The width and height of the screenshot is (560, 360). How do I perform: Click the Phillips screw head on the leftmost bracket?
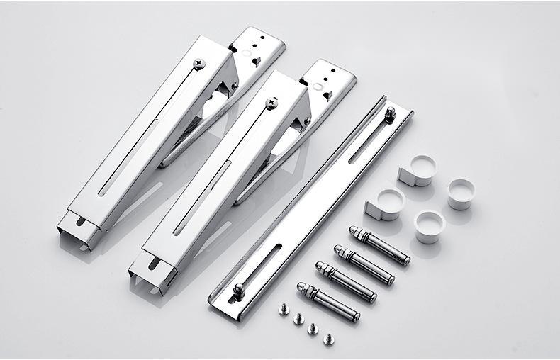point(199,64)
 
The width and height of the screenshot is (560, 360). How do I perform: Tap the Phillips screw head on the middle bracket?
point(271,103)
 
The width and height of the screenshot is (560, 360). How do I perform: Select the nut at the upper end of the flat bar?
point(389,113)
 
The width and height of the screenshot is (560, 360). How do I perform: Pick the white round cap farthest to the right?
point(461,193)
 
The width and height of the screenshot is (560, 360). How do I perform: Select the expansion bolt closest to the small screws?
point(328,301)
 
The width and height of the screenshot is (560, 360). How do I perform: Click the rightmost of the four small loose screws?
point(328,338)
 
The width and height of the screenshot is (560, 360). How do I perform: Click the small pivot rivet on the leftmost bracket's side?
point(235,86)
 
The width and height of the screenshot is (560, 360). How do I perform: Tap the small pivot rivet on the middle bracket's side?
point(307,121)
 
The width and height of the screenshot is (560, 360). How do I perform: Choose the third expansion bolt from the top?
point(346,282)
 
